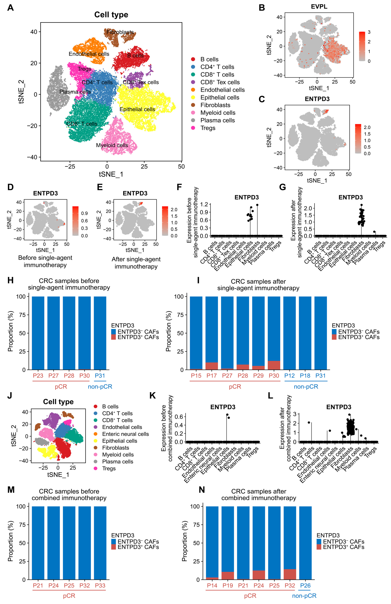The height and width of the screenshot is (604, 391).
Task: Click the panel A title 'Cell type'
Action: pos(111,15)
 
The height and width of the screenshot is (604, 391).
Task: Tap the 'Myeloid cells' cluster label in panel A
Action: pos(112,145)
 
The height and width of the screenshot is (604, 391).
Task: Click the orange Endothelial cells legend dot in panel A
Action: pos(193,90)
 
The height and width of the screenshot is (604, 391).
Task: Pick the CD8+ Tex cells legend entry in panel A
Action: pos(220,82)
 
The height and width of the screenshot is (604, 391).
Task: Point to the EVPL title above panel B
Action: pos(319,7)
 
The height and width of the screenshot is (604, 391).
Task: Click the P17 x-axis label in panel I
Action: pos(211,376)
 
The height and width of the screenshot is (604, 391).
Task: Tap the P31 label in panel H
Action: pos(100,376)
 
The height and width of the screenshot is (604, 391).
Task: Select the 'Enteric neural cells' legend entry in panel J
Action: pos(125,434)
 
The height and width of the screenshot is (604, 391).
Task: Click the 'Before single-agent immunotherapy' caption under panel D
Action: pos(45,261)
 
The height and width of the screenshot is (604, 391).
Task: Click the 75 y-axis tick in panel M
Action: pos(22,525)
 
